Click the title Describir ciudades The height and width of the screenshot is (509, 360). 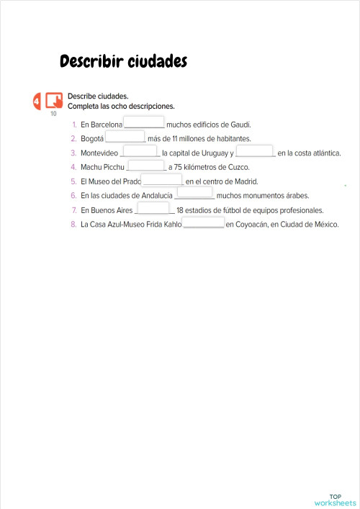coord(123,62)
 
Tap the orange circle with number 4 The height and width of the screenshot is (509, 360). coord(37,102)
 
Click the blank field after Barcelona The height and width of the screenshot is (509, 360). coord(144,122)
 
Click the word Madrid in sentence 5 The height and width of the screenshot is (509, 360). coord(246,181)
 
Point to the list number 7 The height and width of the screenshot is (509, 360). coord(73,210)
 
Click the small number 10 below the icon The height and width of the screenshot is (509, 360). coord(53,113)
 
